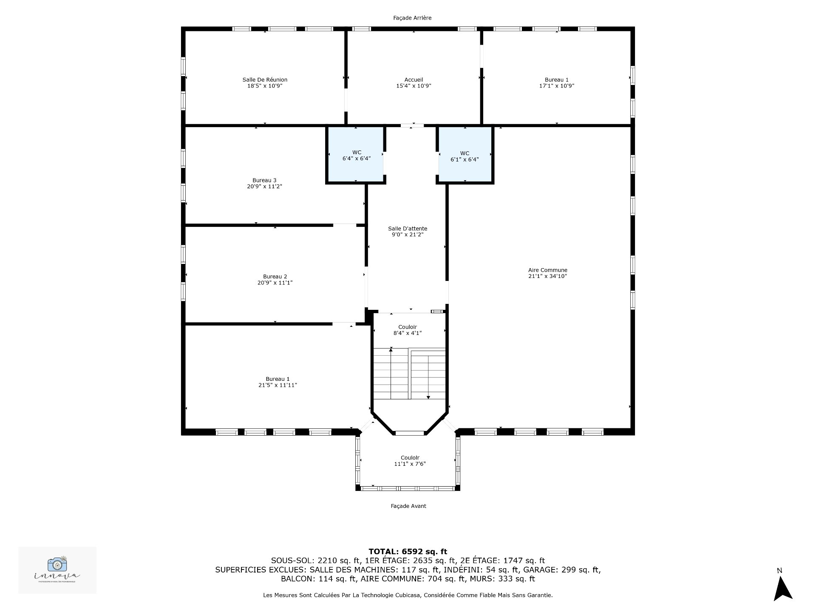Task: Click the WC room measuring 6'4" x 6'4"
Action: (356, 155)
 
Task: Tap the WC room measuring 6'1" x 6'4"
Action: (465, 155)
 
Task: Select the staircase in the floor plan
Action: (409, 373)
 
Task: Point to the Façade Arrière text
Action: (412, 18)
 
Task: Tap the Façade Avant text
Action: (408, 506)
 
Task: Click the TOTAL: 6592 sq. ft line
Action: (408, 552)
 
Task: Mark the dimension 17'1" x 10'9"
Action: (557, 86)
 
